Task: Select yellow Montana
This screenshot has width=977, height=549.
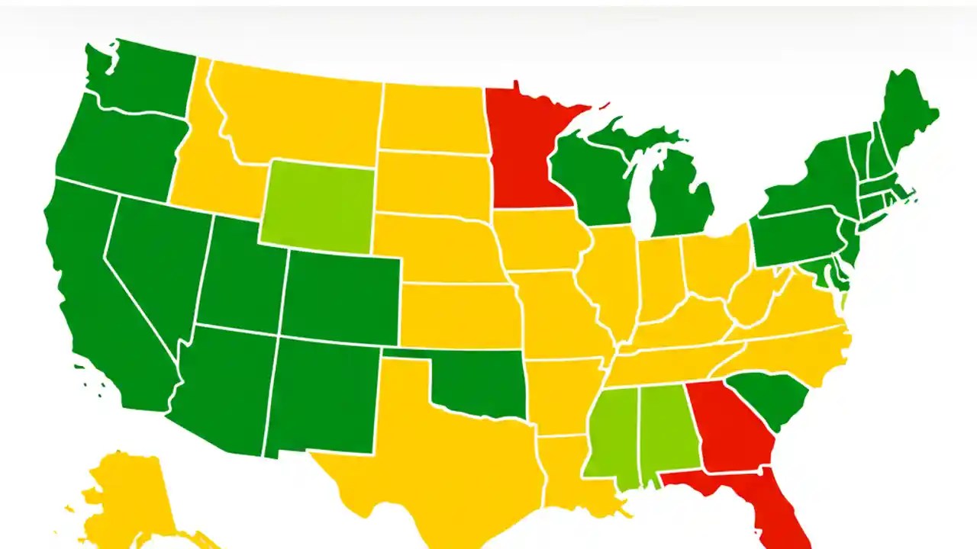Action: click(298, 114)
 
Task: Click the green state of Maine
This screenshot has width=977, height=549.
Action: click(908, 114)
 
